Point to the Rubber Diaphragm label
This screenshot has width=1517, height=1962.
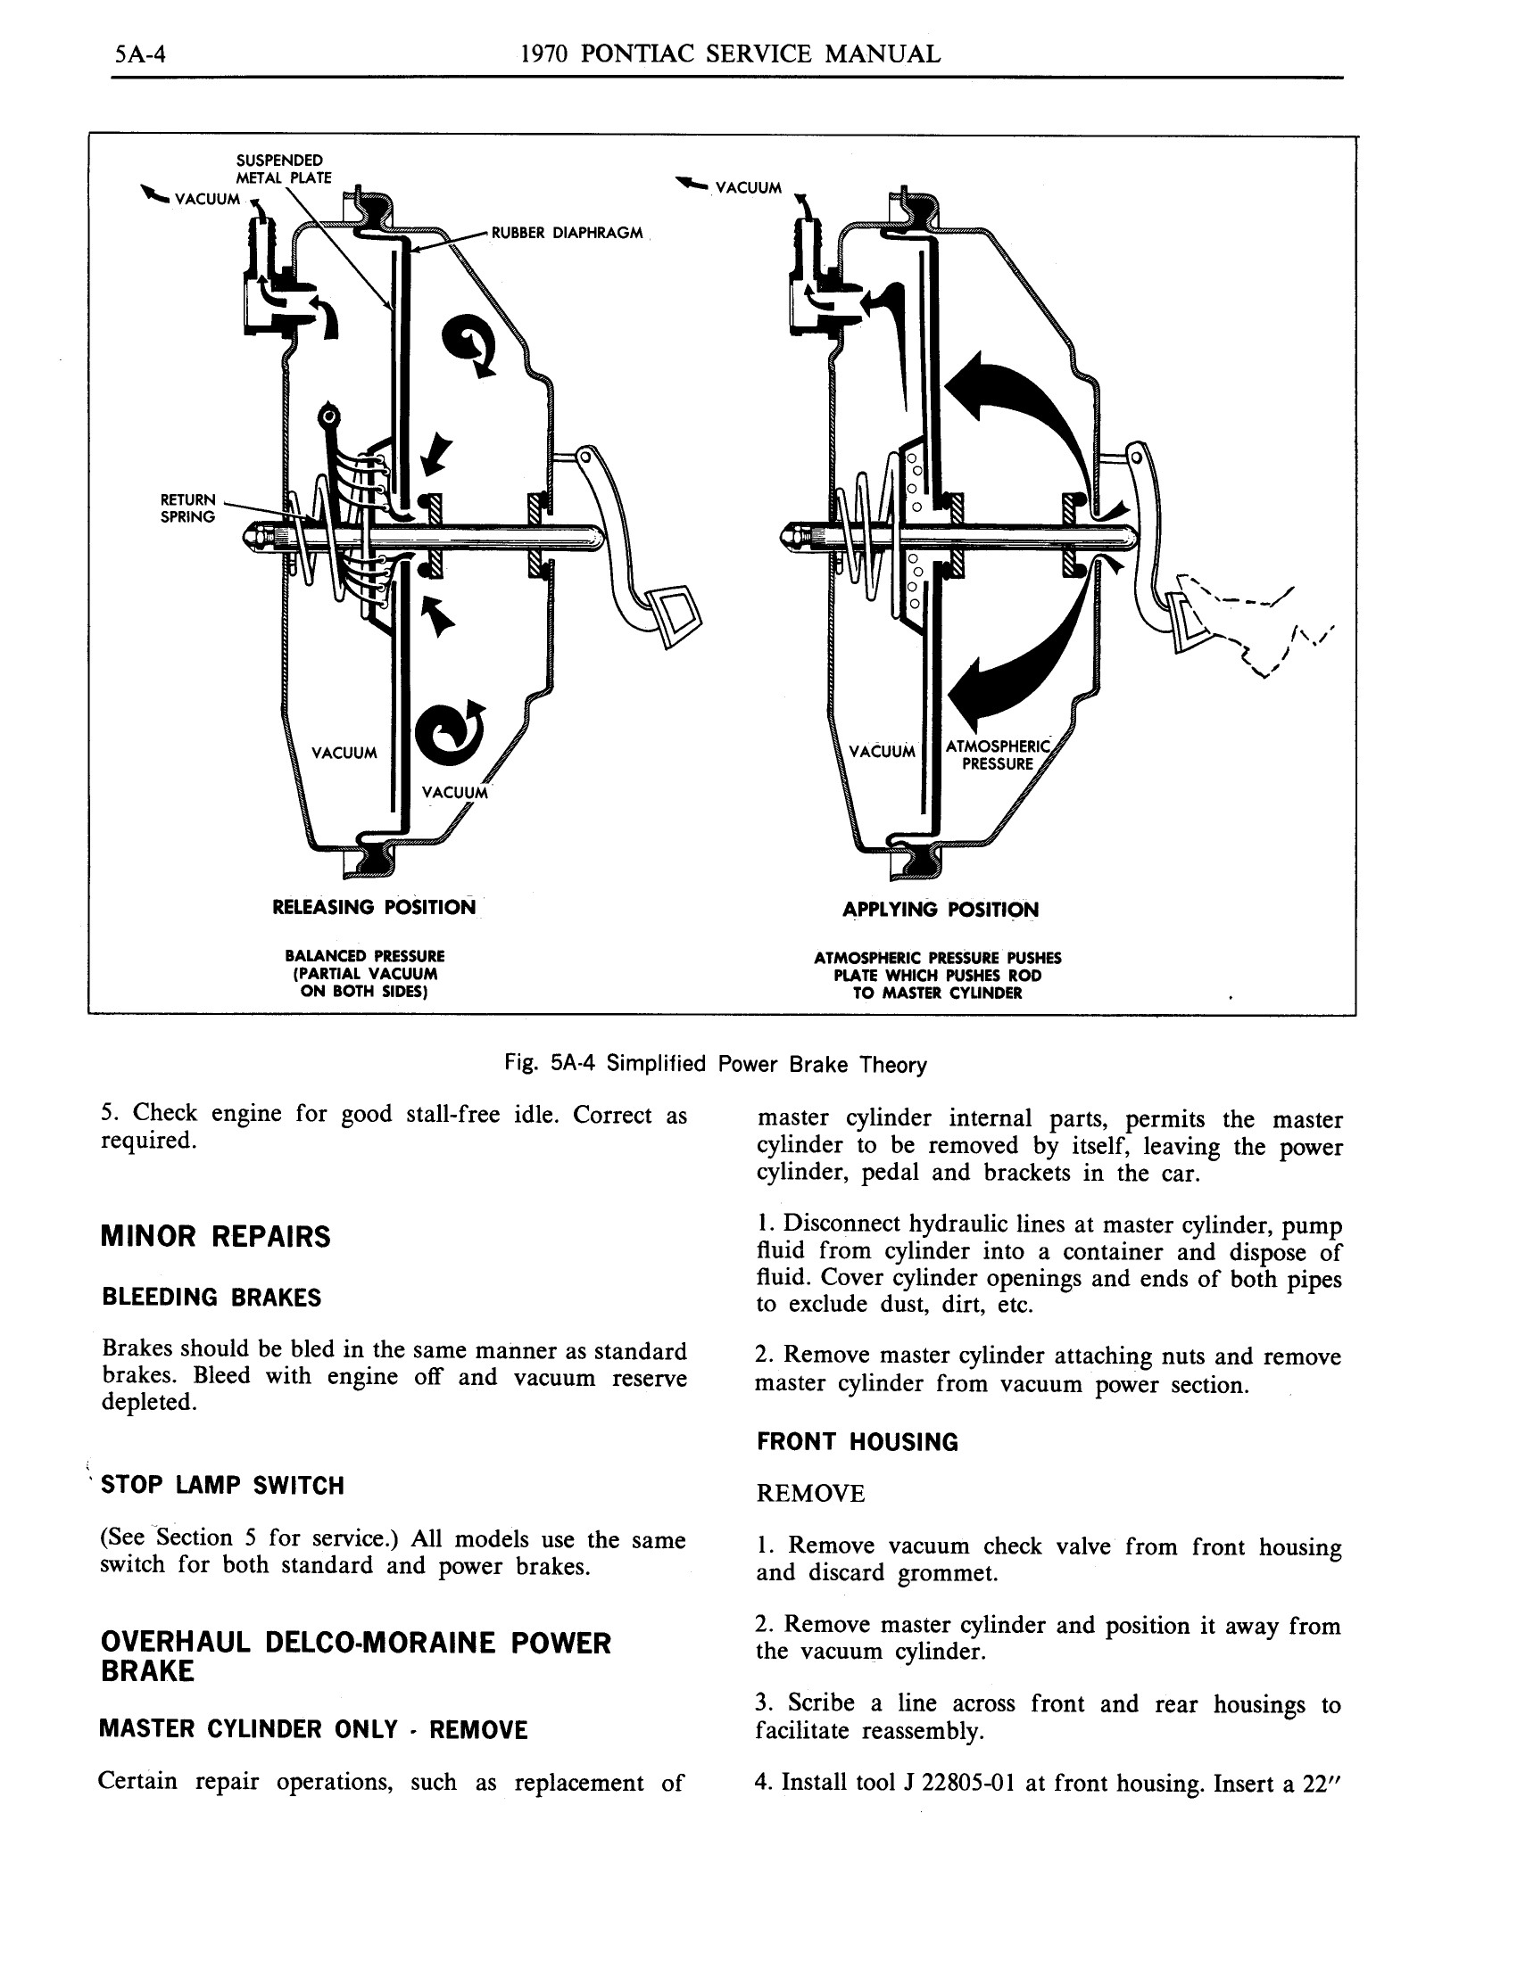pos(566,233)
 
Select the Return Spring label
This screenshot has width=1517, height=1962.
pos(187,507)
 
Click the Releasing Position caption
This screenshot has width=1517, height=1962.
pos(374,907)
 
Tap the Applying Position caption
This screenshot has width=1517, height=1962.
pos(940,909)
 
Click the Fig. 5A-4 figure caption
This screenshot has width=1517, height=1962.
pos(716,1065)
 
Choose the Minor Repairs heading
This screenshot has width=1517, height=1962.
pos(215,1237)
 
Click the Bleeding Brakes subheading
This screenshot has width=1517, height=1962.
pos(211,1298)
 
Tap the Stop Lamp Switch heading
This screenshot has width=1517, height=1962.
pos(222,1486)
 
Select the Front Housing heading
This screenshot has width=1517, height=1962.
pos(857,1443)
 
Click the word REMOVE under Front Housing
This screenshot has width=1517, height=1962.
pos(809,1494)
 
